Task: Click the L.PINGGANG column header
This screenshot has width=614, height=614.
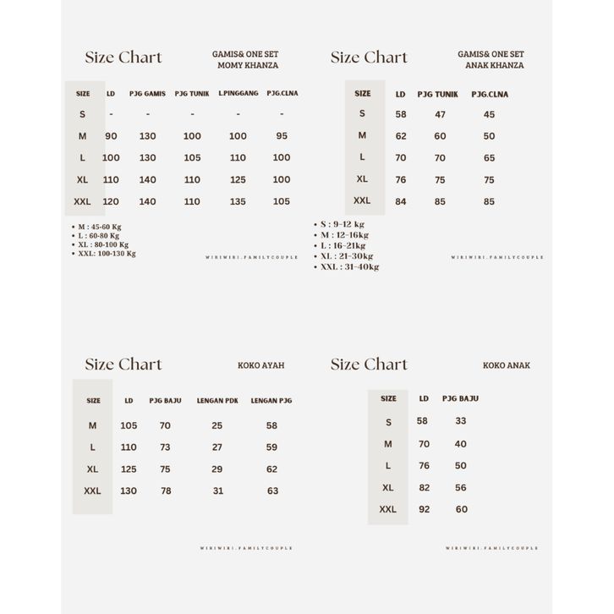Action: tap(238, 93)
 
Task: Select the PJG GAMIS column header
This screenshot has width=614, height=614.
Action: tap(147, 93)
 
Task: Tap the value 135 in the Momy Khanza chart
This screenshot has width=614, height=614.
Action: tap(238, 201)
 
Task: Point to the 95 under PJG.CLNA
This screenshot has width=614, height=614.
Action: tap(282, 135)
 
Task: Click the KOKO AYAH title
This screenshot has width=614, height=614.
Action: tap(260, 365)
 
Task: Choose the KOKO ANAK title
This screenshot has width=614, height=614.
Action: tap(506, 365)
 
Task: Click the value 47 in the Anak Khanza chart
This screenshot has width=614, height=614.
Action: tap(440, 114)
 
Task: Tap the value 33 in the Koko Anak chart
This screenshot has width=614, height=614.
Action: tap(461, 420)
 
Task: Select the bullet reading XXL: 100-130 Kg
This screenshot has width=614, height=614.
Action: tap(107, 253)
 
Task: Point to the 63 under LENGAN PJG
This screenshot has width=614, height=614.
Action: tap(272, 491)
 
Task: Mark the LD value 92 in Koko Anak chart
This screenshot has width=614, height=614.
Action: tap(424, 509)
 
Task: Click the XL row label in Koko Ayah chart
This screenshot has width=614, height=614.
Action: tap(92, 469)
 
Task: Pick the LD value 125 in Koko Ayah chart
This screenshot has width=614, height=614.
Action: tap(129, 469)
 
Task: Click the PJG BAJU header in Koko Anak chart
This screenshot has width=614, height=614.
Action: tap(460, 398)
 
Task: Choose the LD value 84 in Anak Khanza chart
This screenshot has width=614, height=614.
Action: tap(401, 201)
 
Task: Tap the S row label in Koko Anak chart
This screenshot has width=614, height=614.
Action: tap(388, 421)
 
